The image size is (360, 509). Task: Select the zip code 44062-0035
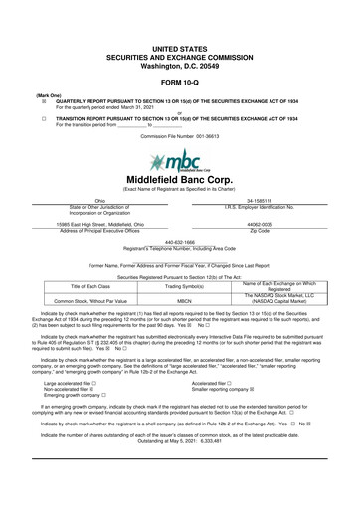click(260, 224)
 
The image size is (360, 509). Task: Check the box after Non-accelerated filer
click(92, 389)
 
